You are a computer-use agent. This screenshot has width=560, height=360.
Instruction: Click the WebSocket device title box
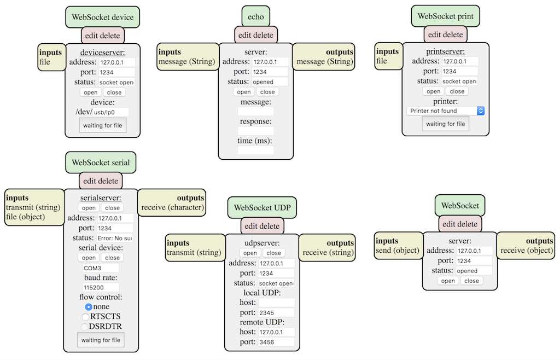click(102, 17)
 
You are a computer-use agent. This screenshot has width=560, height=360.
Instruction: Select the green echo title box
click(255, 17)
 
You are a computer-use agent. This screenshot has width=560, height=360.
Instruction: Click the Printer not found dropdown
click(446, 111)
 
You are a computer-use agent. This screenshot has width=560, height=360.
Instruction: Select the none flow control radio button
click(89, 307)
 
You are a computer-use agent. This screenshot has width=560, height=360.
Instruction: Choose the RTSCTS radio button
click(85, 317)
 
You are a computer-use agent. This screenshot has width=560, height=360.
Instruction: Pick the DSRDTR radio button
click(85, 327)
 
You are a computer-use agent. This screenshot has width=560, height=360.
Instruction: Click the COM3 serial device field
click(100, 268)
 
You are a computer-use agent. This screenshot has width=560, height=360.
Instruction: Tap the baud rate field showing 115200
click(100, 287)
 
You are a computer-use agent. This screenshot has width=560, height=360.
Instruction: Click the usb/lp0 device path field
click(110, 112)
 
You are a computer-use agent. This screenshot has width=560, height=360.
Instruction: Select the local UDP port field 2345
click(276, 312)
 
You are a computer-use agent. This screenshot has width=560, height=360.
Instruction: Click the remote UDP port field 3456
click(276, 342)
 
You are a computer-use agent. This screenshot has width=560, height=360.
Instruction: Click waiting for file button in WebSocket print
click(445, 124)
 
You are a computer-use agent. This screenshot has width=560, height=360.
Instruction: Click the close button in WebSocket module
click(471, 281)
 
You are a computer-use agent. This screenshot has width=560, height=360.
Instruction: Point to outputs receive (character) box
click(172, 203)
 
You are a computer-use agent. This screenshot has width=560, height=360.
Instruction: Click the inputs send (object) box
click(398, 246)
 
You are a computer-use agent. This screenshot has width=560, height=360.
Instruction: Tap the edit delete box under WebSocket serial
click(101, 181)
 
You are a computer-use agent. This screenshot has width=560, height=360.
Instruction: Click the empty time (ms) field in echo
click(255, 150)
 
